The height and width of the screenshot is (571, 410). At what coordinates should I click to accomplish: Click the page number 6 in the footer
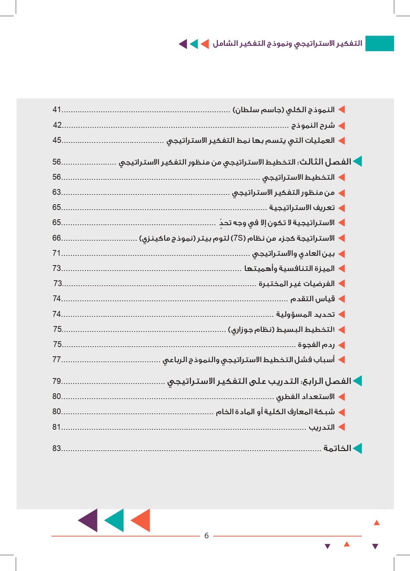tap(206, 536)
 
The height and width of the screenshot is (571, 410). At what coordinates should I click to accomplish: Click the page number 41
tap(57, 110)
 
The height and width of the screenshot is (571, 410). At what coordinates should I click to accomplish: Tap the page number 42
tap(57, 125)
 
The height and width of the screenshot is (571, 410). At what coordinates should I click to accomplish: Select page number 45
tap(57, 140)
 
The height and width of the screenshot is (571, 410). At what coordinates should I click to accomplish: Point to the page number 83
tap(57, 448)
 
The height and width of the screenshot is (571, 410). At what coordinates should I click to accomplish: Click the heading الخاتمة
tap(337, 448)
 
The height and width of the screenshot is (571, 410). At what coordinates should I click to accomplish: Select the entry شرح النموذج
tap(313, 125)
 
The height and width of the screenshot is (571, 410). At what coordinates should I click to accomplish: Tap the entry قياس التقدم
tap(312, 299)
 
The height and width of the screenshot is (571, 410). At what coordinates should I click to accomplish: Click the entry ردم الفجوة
tap(316, 344)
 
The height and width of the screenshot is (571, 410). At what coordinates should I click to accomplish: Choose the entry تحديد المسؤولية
tap(305, 314)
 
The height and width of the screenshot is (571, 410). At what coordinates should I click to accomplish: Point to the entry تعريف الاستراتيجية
tap(302, 208)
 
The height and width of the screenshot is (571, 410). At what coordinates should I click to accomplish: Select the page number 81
tap(57, 427)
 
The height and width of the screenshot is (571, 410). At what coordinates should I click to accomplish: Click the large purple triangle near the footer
tap(89, 520)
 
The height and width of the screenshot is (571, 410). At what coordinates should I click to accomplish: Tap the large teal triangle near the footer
tap(115, 520)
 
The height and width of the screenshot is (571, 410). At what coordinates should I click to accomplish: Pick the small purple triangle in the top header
tap(183, 44)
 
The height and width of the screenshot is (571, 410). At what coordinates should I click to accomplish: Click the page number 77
tap(57, 359)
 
